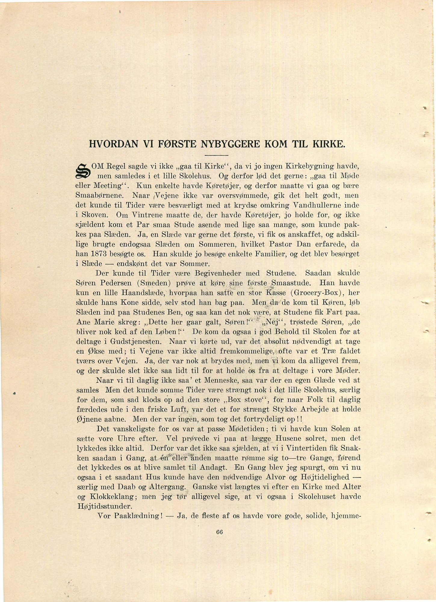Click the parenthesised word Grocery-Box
click(315, 293)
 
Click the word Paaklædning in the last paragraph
click(138, 516)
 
